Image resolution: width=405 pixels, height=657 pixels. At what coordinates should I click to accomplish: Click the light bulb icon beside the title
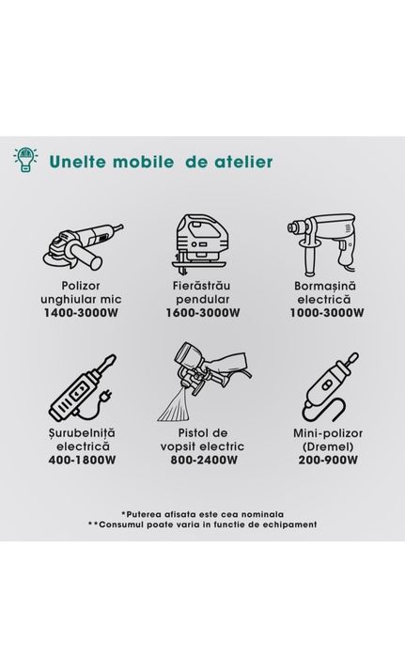click(25, 160)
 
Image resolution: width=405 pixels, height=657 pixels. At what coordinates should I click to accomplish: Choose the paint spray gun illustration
click(204, 382)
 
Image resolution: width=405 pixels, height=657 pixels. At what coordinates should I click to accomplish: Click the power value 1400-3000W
click(81, 313)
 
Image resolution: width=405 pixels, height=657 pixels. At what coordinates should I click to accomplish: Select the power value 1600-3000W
click(203, 313)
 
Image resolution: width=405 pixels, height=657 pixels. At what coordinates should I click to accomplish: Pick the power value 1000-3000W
click(327, 313)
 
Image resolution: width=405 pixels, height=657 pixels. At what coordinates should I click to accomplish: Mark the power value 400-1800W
click(82, 460)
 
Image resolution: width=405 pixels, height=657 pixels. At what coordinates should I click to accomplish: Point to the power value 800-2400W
click(204, 460)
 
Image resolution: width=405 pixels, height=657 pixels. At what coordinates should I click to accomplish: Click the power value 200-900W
click(328, 460)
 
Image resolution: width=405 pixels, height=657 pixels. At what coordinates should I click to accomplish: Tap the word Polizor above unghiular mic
click(81, 286)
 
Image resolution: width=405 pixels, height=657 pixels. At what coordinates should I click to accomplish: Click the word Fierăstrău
click(202, 286)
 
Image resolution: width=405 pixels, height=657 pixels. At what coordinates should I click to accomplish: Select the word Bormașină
click(325, 286)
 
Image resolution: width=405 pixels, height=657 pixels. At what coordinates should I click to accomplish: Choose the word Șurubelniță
click(82, 433)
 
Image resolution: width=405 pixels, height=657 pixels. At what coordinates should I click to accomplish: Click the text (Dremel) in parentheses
click(328, 446)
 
